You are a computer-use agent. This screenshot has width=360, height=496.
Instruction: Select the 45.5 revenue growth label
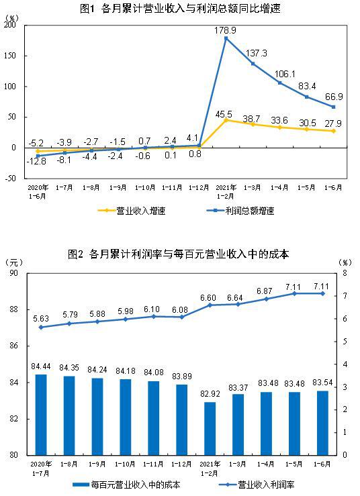(x=226, y=113)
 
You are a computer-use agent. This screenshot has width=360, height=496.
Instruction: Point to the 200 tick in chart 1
(x=9, y=25)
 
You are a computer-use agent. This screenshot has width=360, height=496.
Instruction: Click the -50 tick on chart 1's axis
(x=9, y=178)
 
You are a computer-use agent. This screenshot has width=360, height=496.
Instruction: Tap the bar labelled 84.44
(x=41, y=414)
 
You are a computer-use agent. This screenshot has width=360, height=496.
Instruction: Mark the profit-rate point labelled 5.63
(x=41, y=328)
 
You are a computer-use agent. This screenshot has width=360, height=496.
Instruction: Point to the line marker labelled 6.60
(x=210, y=305)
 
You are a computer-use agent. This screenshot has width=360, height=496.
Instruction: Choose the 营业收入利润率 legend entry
(x=266, y=484)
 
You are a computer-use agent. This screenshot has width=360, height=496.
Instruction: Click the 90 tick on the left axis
(x=13, y=274)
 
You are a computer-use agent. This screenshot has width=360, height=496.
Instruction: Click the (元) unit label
(x=14, y=262)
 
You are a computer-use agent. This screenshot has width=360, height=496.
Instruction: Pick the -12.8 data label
(x=36, y=162)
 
